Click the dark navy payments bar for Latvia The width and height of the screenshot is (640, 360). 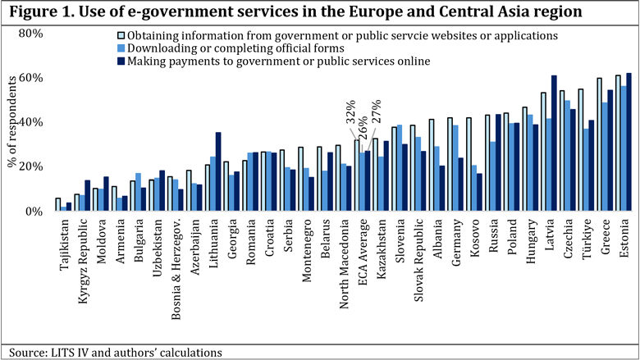(554, 144)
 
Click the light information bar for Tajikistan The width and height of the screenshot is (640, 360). (57, 205)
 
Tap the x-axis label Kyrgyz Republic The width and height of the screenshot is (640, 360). (83, 255)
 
